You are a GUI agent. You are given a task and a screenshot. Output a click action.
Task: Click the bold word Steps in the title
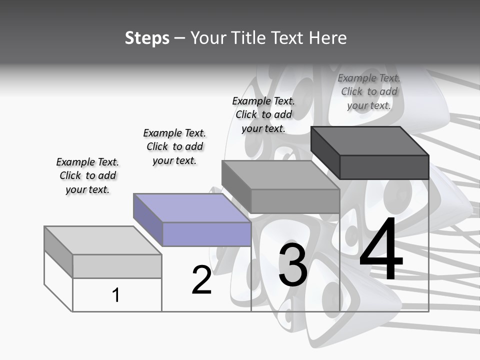147,38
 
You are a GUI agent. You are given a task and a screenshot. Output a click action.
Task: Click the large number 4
381,250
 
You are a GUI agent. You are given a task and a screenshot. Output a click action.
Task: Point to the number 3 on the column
293,265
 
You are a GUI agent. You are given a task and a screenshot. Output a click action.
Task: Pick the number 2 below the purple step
201,280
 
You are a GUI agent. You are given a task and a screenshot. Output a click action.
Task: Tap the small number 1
116,295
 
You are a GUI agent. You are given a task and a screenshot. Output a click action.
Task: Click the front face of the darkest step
384,167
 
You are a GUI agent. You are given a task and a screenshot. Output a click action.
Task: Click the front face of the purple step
206,234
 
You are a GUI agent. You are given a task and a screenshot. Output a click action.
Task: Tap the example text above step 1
87,175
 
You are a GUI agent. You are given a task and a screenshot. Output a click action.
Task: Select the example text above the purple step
174,146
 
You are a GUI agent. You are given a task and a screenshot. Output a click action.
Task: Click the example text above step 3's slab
263,114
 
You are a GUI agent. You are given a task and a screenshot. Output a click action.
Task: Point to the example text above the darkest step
369,91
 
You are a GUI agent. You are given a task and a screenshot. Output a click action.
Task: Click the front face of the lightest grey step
117,266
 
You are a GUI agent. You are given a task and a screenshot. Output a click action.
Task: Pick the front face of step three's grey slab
295,201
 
